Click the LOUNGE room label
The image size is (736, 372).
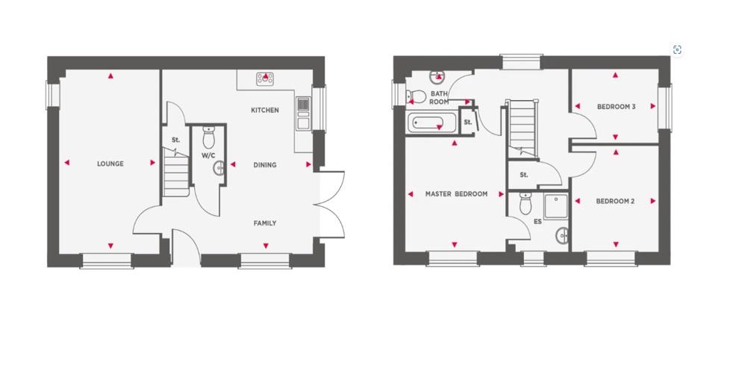click(110, 164)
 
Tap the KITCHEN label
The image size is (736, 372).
click(264, 111)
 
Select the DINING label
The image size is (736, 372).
click(264, 165)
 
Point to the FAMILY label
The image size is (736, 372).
click(264, 223)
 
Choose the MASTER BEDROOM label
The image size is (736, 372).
click(456, 194)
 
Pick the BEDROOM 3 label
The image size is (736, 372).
click(616, 107)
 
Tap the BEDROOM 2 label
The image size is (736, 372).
click(615, 201)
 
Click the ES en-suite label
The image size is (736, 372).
click(537, 222)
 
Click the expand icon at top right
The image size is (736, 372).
click(677, 50)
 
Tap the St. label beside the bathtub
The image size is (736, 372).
click(468, 123)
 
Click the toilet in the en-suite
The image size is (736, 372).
click(525, 202)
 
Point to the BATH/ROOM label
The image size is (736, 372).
click(439, 96)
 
